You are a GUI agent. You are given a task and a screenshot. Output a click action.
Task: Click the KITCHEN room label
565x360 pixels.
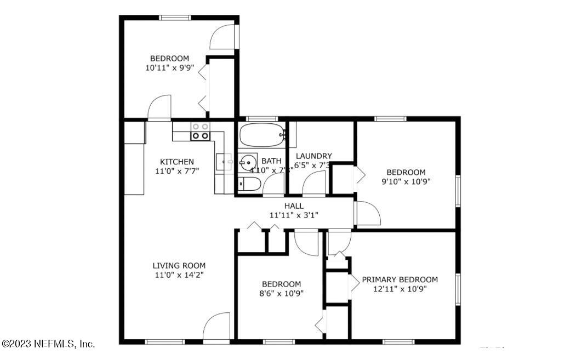point(176,162)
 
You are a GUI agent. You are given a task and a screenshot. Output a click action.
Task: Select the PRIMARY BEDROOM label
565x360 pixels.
point(400,279)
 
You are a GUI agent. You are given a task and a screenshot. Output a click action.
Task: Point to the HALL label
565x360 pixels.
point(294,206)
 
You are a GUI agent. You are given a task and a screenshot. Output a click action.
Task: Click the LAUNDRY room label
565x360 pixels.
point(313,156)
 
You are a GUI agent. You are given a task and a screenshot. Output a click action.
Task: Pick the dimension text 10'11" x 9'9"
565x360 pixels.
point(169,68)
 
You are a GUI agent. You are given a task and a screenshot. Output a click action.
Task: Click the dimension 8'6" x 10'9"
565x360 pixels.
point(281,293)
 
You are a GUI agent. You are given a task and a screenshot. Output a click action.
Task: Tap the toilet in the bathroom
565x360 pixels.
point(249,184)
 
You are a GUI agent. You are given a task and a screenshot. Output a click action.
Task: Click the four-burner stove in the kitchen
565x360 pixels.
point(199,131)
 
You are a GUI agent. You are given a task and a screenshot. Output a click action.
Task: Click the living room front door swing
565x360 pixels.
point(217,327)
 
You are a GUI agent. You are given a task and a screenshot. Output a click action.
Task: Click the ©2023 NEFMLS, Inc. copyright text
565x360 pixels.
point(48,344)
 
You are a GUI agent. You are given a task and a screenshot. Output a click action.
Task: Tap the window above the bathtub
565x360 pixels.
point(262,118)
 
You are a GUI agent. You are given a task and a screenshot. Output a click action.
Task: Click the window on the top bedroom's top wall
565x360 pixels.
point(175,18)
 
